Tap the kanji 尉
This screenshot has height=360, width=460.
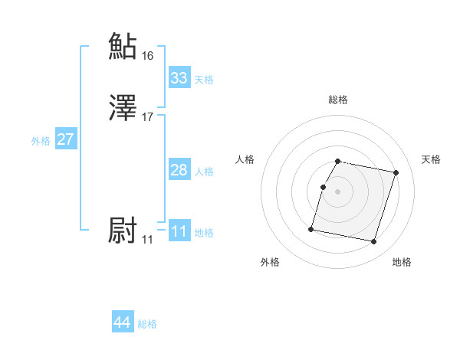pyautogui.click(x=123, y=231)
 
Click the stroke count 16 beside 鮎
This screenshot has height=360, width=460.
pyautogui.click(x=148, y=56)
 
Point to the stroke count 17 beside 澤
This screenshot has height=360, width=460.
pyautogui.click(x=148, y=117)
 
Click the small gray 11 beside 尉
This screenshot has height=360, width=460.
pyautogui.click(x=147, y=240)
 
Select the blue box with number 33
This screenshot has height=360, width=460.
pyautogui.click(x=179, y=77)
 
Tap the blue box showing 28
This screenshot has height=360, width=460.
pyautogui.click(x=179, y=170)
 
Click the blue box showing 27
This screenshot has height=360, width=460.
pyautogui.click(x=66, y=139)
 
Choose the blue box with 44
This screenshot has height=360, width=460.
pyautogui.click(x=123, y=322)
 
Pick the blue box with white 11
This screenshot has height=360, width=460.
pyautogui.click(x=179, y=231)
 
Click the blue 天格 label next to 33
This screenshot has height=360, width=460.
pyautogui.click(x=204, y=79)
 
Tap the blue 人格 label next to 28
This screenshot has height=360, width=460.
pyautogui.click(x=204, y=172)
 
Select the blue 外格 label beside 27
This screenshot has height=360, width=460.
pyautogui.click(x=41, y=141)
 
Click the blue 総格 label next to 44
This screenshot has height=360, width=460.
pyautogui.click(x=147, y=324)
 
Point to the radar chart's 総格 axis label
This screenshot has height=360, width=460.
pyautogui.click(x=337, y=100)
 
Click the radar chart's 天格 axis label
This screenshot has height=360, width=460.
pyautogui.click(x=431, y=159)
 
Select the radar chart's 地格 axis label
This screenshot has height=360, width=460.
pyautogui.click(x=402, y=262)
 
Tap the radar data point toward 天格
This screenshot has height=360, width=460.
pyautogui.click(x=396, y=173)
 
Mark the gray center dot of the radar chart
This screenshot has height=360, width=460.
pyautogui.click(x=337, y=191)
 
